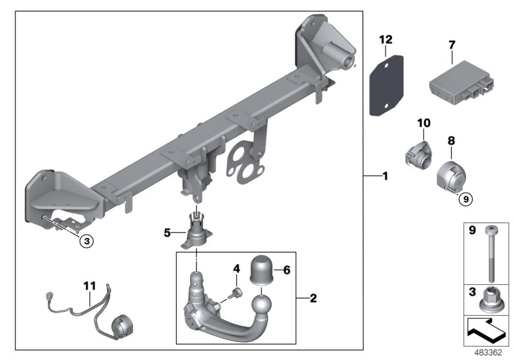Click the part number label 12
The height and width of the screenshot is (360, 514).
(385, 40)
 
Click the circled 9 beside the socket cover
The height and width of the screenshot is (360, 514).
(466, 199)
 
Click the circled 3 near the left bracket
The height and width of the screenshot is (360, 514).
(87, 241)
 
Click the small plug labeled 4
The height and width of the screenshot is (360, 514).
(235, 294)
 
